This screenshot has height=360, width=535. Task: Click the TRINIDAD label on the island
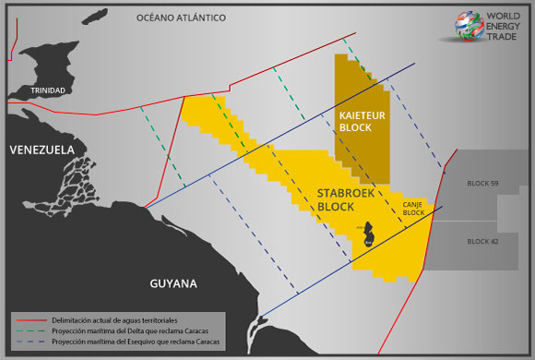(x=48, y=91)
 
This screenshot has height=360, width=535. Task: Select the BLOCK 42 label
(x=481, y=241)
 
